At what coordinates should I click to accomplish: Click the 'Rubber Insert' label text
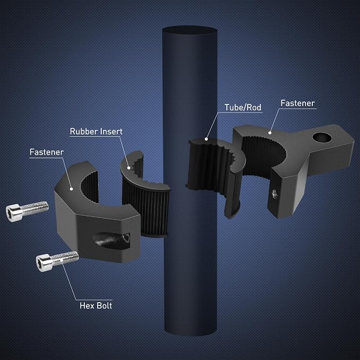click(x=96, y=131)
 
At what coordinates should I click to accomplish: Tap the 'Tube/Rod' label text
click(x=243, y=107)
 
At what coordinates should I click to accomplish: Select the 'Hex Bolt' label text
click(x=96, y=305)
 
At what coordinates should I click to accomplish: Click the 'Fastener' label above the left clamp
click(x=47, y=152)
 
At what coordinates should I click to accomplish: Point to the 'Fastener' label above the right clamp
click(x=297, y=103)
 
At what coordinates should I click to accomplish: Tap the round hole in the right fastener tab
click(x=322, y=137)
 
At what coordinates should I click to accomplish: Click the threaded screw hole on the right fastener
click(x=274, y=194)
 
